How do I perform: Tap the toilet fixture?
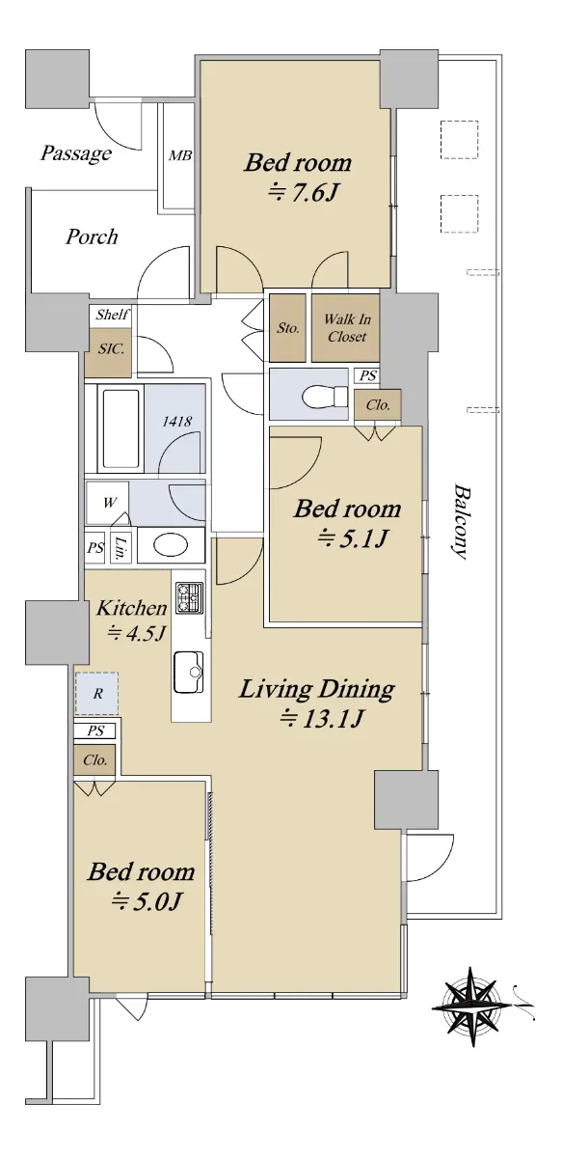click(327, 397)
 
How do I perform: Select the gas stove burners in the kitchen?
click(190, 597)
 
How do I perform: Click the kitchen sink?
click(189, 672)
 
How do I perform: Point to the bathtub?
click(121, 428)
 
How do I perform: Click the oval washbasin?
click(171, 545)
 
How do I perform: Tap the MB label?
click(180, 155)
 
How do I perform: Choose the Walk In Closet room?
click(346, 328)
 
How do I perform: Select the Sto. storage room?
click(287, 328)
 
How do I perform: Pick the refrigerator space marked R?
click(97, 693)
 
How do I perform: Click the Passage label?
click(76, 153)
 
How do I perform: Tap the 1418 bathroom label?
click(176, 422)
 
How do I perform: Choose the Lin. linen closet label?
click(120, 549)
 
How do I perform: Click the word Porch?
click(92, 236)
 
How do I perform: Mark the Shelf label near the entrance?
click(112, 315)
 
